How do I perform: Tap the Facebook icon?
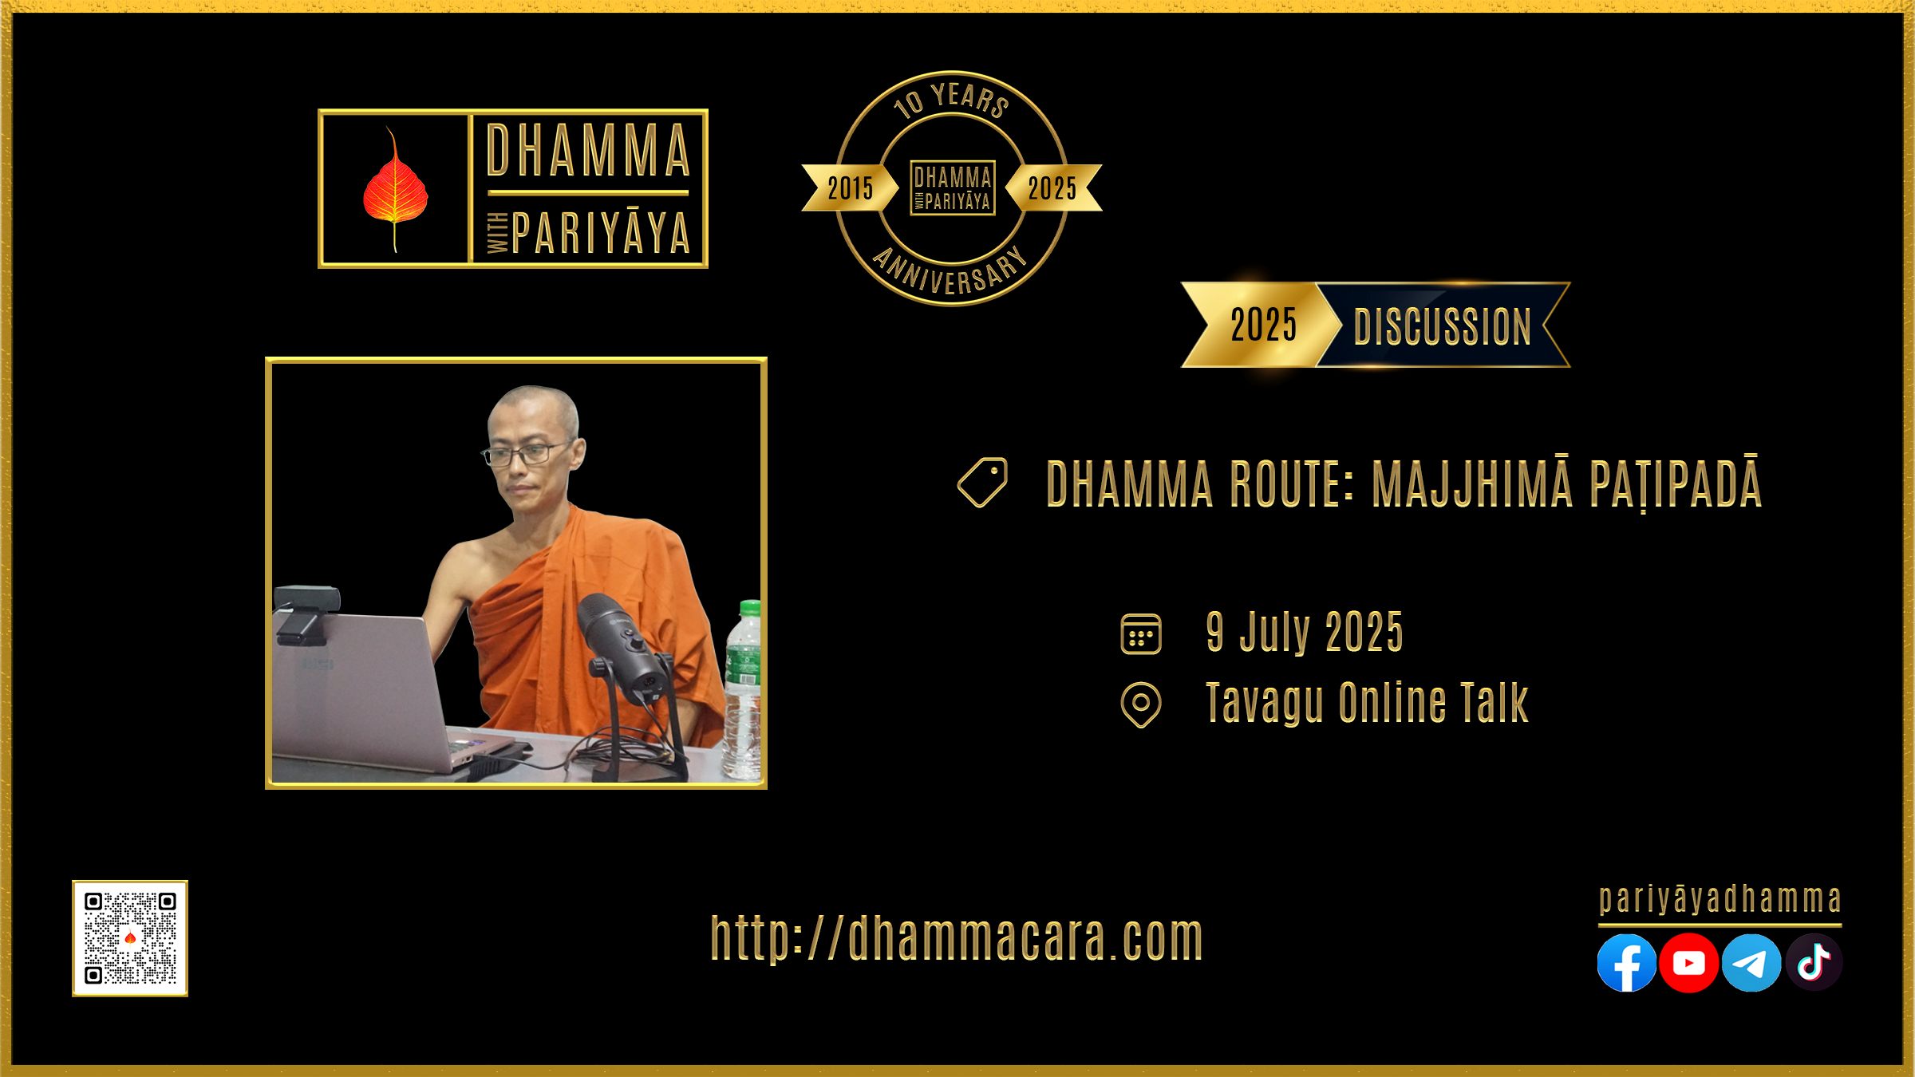coord(1626,962)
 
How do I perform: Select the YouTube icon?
coord(1688,962)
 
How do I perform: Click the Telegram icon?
coord(1751,962)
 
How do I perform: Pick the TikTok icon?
coord(1814,962)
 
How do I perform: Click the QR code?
coord(130,938)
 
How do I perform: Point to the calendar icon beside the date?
coord(1141,634)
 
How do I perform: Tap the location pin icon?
coord(1141,704)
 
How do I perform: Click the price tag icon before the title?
coord(982,482)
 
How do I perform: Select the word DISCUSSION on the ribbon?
coord(1443,326)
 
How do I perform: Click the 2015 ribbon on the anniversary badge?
coord(849,188)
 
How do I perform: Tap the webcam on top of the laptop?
coord(306,613)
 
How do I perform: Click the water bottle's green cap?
coord(750,609)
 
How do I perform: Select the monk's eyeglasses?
coord(527,453)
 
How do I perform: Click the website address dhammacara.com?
coord(957,938)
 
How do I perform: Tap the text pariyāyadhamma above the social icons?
coord(1720,900)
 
